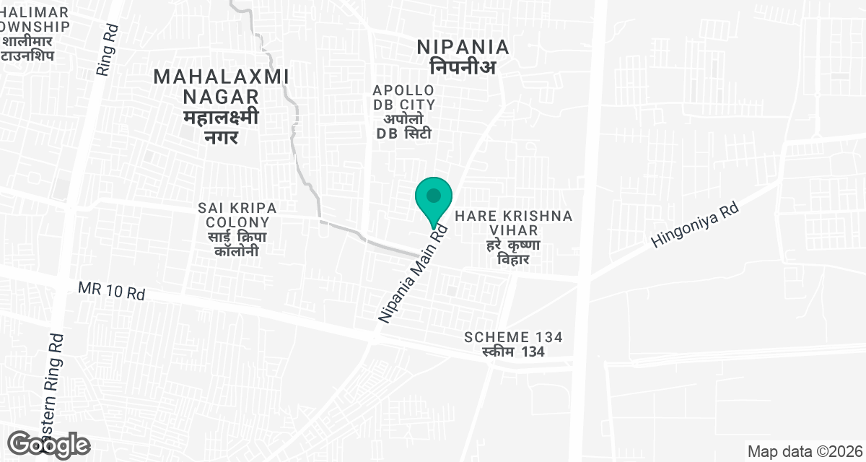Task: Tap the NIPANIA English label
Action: point(463,48)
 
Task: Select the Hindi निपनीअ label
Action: point(463,67)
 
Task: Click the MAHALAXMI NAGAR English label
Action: point(222,86)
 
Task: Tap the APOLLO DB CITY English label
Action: point(403,97)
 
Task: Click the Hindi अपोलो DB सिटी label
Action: point(403,126)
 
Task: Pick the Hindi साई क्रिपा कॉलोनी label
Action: point(233,243)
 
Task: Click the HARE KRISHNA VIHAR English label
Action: point(514,223)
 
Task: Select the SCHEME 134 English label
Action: point(514,337)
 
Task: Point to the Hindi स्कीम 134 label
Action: point(514,352)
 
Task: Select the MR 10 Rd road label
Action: point(112,292)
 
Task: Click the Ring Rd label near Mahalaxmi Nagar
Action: point(107,53)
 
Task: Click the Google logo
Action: point(50,445)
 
